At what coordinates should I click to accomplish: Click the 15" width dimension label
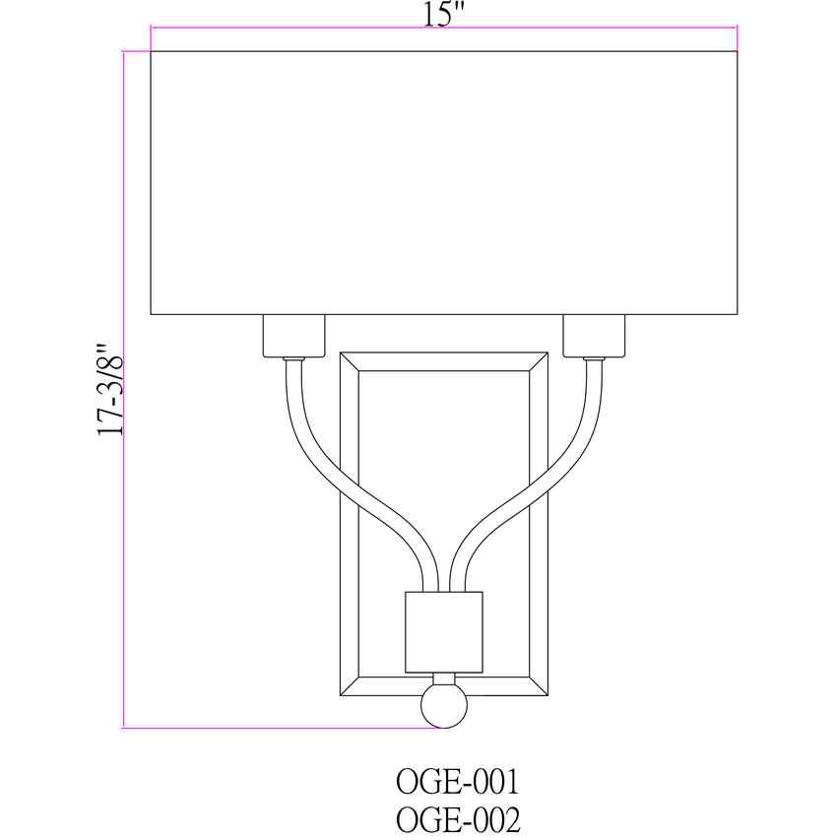pos(443,15)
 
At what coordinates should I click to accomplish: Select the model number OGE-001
pos(456,783)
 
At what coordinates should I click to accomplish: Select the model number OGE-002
pos(456,819)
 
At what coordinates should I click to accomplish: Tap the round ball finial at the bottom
pos(443,706)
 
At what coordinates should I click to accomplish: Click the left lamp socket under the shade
pos(293,336)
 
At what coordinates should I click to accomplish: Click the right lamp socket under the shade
pos(594,336)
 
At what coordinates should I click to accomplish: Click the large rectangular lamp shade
pos(443,182)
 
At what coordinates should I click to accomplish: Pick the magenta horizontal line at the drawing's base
pos(276,728)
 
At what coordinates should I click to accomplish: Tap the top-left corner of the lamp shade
pos(152,52)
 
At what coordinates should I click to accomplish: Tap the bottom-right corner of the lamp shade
pos(737,313)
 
